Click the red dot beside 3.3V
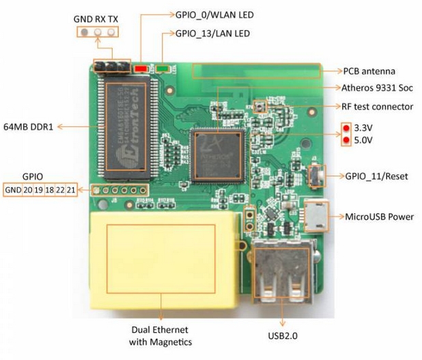347,128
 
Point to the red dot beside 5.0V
347,141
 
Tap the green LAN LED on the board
163,68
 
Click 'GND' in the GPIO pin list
13,189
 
